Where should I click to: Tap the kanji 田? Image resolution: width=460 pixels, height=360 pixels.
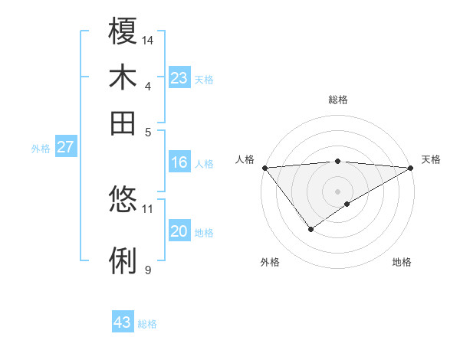point(123,123)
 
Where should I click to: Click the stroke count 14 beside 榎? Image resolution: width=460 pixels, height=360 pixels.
point(148,39)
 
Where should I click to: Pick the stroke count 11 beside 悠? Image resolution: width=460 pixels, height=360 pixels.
point(148,208)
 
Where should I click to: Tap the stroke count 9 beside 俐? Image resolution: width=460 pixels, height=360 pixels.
point(148,269)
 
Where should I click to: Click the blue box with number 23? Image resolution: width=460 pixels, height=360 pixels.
point(179,78)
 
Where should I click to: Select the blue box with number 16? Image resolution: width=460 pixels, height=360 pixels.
point(179,162)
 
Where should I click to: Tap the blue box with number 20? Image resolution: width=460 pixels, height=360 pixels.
point(179,231)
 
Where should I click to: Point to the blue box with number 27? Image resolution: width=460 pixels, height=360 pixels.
point(65,147)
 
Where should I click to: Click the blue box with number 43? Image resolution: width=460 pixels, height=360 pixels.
point(123,322)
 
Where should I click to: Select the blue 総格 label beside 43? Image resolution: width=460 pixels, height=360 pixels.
point(147,324)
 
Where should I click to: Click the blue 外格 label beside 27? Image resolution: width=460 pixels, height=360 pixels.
point(41,149)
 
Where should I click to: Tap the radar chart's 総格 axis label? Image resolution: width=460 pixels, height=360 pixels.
point(337,100)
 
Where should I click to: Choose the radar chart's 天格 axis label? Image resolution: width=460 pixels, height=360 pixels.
point(431,159)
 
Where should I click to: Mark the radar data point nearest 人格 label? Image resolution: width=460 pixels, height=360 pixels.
point(264,168)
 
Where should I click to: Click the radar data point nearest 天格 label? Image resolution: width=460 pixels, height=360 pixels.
point(411,168)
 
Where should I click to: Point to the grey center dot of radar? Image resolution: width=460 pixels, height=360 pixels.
point(337,191)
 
